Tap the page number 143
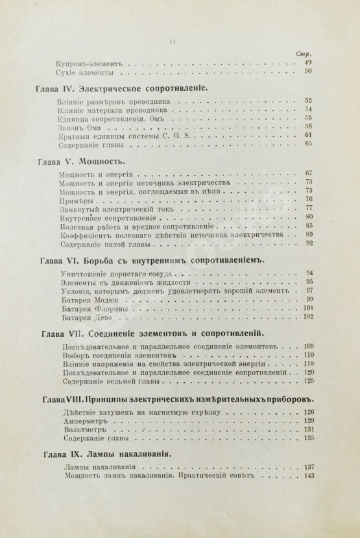point(309,476)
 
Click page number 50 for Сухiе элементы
point(309,72)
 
